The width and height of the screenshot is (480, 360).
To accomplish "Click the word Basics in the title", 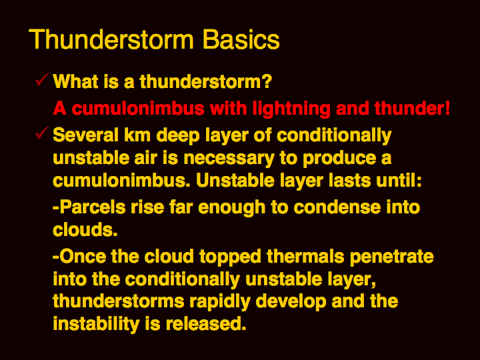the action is tap(241, 39).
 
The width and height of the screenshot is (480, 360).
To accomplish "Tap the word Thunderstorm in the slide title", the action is tap(111, 39).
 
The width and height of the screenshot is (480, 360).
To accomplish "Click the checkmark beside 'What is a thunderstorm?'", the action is tap(41, 80).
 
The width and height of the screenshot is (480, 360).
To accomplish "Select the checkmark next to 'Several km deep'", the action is tap(41, 133).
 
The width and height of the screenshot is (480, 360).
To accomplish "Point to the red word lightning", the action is tap(291, 109).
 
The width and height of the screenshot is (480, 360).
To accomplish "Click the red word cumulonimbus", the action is tap(138, 109).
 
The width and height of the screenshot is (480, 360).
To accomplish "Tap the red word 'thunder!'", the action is tap(412, 109).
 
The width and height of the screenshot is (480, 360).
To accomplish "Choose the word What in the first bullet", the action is tap(75, 82).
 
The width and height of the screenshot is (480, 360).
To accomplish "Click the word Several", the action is tap(86, 135).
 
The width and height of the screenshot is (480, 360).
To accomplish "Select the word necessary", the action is tap(229, 159).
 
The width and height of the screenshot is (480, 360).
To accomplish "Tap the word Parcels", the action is tap(92, 207).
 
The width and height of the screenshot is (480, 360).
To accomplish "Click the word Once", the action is tap(83, 256).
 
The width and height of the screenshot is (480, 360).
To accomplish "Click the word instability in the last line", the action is tap(96, 325).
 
